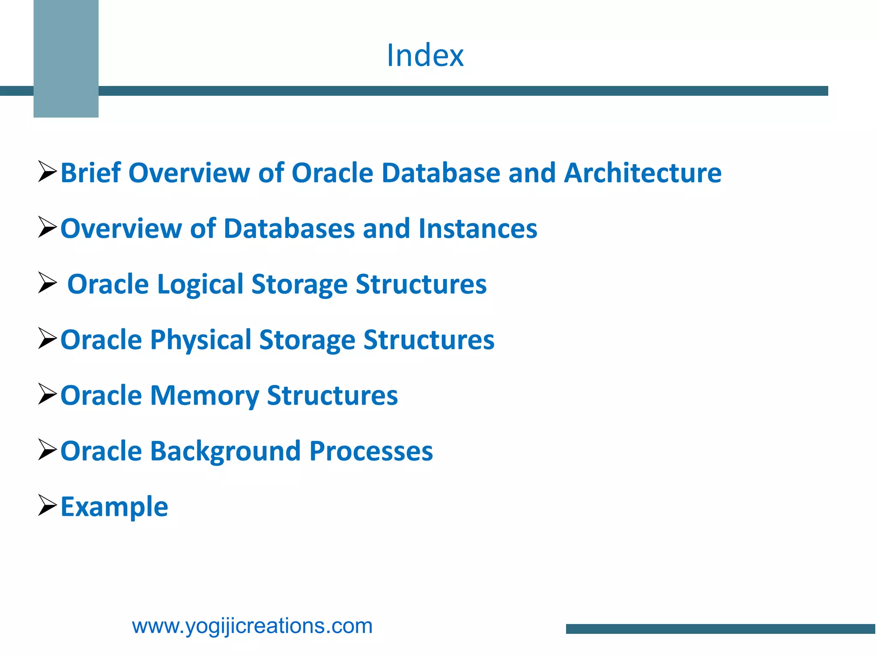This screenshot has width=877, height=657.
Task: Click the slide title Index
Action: click(425, 56)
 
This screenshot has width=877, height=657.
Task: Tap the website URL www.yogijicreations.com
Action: click(252, 626)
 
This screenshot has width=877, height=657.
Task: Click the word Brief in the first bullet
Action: click(91, 173)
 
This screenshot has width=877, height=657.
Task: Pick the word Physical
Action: click(200, 340)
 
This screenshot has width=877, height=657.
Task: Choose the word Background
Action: click(226, 451)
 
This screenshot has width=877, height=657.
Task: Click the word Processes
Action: click(371, 451)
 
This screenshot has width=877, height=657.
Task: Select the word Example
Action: click(114, 506)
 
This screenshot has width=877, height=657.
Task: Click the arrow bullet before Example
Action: click(47, 505)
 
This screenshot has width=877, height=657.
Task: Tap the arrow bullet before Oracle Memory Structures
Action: click(47, 394)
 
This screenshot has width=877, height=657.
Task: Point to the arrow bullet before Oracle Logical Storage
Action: click(47, 283)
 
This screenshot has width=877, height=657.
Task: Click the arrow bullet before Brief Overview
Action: click(47, 172)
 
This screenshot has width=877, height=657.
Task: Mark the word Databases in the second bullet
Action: click(289, 228)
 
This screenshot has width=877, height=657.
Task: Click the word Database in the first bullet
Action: click(441, 173)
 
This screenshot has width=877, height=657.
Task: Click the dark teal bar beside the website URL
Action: click(721, 629)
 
